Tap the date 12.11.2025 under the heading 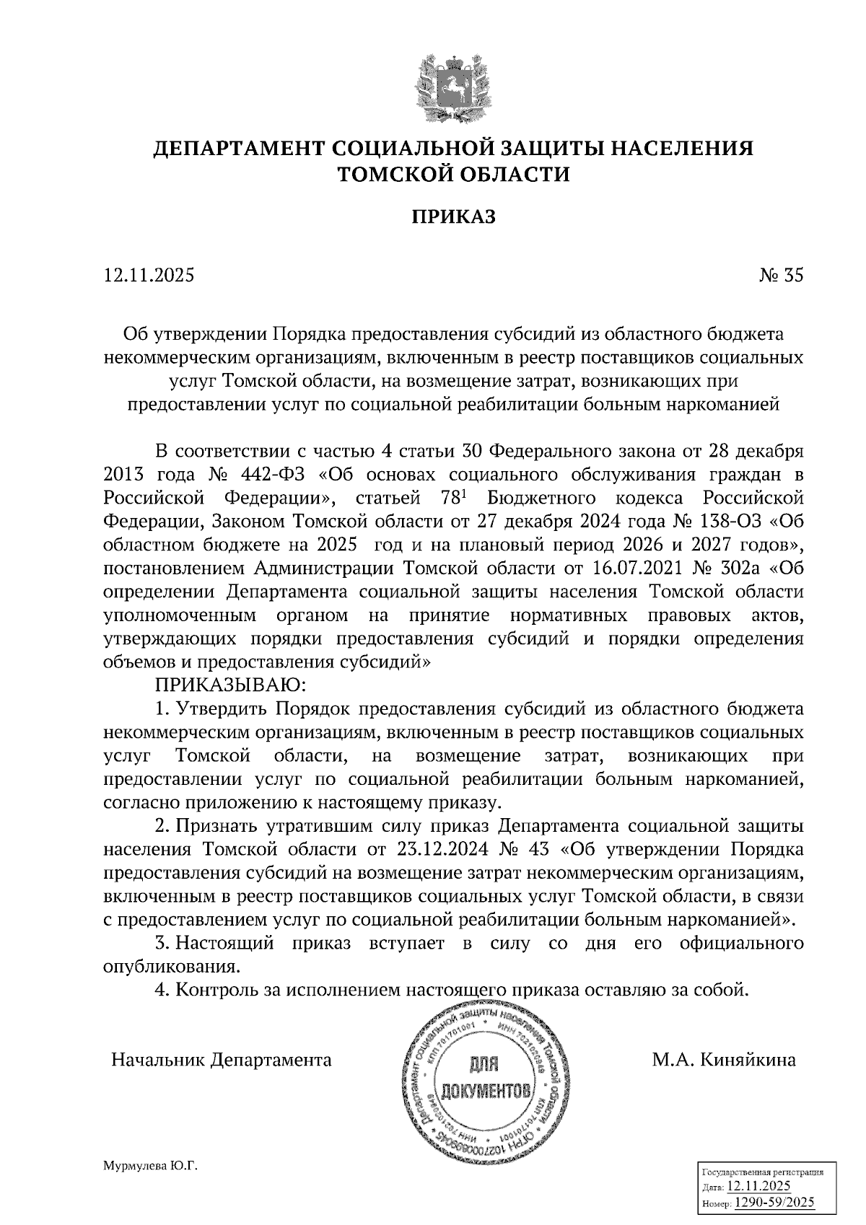(149, 276)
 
